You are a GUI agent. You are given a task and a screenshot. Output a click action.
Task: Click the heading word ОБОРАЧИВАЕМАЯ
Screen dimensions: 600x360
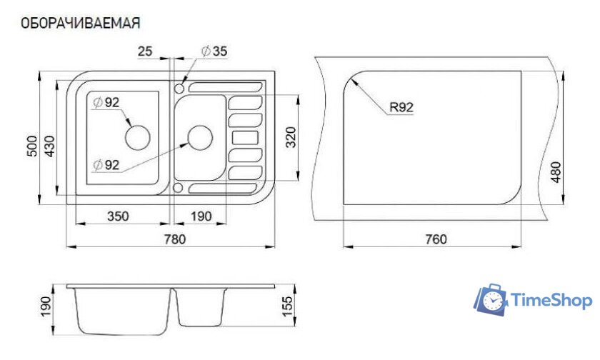(x=80, y=23)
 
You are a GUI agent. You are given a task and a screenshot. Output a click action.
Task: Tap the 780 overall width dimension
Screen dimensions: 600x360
(x=174, y=239)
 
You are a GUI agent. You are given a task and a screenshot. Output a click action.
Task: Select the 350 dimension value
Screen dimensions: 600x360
(x=118, y=216)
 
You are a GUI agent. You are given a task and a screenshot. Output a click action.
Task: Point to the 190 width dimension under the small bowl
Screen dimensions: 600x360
(x=201, y=216)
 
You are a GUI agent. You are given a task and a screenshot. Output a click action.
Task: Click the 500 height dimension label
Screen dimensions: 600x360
(x=32, y=146)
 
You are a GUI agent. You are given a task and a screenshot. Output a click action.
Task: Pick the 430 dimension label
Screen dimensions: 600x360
(x=50, y=146)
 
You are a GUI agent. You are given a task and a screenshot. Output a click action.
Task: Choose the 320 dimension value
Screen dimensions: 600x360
(x=291, y=137)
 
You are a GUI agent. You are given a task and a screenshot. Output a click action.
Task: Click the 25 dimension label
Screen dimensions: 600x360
(x=144, y=51)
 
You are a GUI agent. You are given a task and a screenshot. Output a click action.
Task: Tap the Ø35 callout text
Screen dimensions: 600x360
(x=214, y=51)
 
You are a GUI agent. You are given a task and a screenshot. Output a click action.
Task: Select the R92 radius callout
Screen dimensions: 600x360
(x=401, y=107)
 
